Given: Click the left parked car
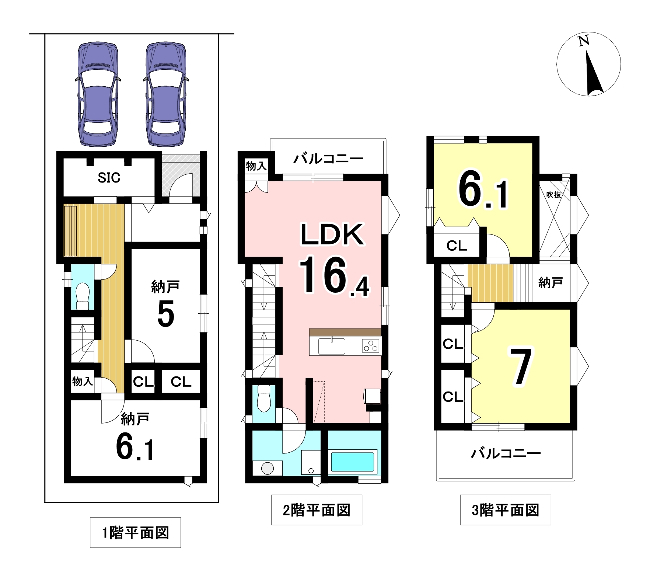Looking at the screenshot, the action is pyautogui.click(x=98, y=94).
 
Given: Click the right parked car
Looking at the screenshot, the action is pyautogui.click(x=165, y=94).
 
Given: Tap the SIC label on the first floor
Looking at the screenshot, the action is pyautogui.click(x=109, y=178).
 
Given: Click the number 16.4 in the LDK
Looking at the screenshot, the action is pyautogui.click(x=333, y=276).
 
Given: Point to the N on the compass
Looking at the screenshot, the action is pyautogui.click(x=583, y=41).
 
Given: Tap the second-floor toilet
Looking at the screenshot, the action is pyautogui.click(x=263, y=399).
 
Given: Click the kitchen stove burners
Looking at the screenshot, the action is pyautogui.click(x=371, y=347).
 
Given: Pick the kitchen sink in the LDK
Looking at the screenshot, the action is pyautogui.click(x=332, y=346).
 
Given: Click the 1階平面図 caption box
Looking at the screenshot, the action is pyautogui.click(x=135, y=532).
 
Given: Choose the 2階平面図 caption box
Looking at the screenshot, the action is pyautogui.click(x=317, y=510).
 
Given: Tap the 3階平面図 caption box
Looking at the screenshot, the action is pyautogui.click(x=506, y=510).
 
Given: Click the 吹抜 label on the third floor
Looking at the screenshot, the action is pyautogui.click(x=553, y=195).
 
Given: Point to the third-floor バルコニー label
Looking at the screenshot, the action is pyautogui.click(x=506, y=453).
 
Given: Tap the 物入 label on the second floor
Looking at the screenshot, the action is pyautogui.click(x=256, y=166).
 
